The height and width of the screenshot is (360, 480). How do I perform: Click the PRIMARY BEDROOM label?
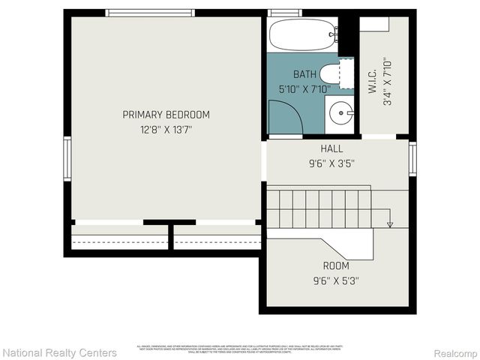[166, 115]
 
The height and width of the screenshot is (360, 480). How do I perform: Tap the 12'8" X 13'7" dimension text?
[166, 129]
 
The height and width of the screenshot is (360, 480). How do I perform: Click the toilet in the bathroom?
[331, 74]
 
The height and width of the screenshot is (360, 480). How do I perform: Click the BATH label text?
[304, 73]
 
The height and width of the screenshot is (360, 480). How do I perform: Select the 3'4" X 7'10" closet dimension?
[387, 82]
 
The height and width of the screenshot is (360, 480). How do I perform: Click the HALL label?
[331, 148]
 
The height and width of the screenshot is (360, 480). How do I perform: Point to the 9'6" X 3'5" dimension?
[331, 162]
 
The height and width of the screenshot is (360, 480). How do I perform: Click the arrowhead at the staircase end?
[390, 223]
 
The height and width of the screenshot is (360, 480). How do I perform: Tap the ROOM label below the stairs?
[335, 265]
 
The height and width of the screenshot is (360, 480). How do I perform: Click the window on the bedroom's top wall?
[151, 13]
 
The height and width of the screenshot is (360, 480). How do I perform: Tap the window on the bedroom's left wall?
[67, 158]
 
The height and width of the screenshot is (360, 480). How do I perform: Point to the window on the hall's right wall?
[412, 159]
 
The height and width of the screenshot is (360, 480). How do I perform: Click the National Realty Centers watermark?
[60, 352]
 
